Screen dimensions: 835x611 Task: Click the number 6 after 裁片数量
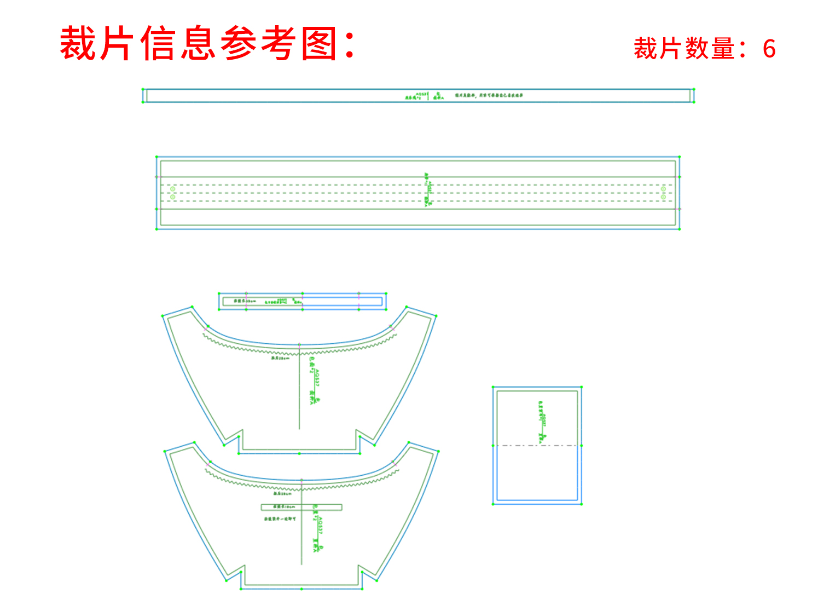coord(769,49)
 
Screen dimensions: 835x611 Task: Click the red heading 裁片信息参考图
coord(208,44)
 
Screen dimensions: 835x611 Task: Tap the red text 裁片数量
coord(684,49)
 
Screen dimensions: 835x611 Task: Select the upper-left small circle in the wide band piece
coord(173,189)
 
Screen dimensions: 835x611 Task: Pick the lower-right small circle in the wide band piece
coord(663,197)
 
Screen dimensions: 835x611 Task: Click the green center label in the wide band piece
coord(428,190)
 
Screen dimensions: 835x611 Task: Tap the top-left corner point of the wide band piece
coord(156,157)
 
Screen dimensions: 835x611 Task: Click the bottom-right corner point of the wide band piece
coord(680,229)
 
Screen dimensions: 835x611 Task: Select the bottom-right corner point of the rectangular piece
coord(581,504)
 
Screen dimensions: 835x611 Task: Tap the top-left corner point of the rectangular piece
coord(493,387)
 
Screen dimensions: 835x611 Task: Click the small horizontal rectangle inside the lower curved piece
coord(301,508)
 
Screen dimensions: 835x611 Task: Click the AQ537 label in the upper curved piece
coord(317,378)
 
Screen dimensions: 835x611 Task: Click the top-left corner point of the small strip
coord(219,293)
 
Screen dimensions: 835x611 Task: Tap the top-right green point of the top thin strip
coord(694,89)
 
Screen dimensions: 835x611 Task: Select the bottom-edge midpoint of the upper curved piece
coord(299,453)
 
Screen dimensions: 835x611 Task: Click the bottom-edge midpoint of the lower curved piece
coord(301,589)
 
